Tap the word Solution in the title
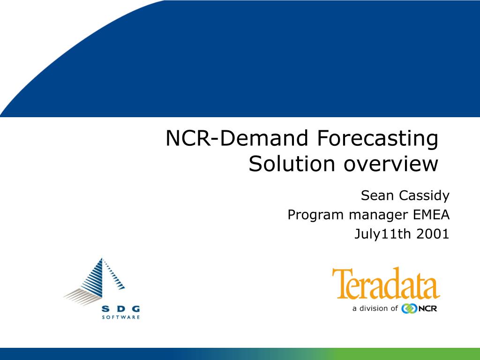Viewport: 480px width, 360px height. pos(292,164)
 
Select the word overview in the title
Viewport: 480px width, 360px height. pos(391,164)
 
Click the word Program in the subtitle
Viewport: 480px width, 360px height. pos(316,215)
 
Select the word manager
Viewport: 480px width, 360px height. pos(379,216)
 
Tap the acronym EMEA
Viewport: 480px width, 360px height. pos(431,215)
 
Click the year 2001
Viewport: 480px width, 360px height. pos(433,234)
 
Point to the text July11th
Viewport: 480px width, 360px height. pos(382,235)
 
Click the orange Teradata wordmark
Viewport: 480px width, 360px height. pos(386,283)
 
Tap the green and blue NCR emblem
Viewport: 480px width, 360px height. pos(409,308)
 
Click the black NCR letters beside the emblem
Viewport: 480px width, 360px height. pos(427,308)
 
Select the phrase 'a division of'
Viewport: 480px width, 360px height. pos(375,308)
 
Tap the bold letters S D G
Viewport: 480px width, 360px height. pos(120,309)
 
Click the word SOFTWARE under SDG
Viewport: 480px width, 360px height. pos(120,317)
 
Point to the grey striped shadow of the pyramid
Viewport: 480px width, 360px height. pos(82,297)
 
